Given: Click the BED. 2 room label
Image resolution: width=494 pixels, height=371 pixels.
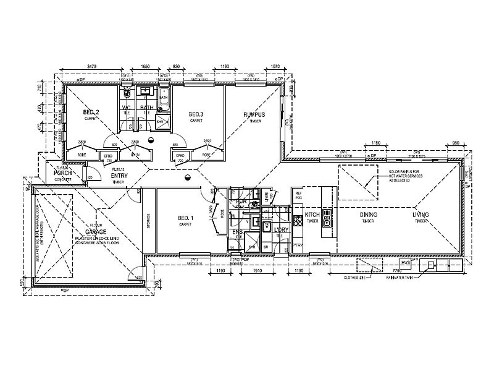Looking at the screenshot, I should [91, 113].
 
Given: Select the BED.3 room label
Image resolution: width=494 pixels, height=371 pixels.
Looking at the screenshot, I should [196, 115].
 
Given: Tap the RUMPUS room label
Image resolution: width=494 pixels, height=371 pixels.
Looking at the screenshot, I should [253, 116].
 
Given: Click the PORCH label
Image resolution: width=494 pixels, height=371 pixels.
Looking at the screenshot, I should [64, 173].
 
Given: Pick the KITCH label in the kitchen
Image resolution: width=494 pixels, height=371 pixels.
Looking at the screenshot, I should [311, 215].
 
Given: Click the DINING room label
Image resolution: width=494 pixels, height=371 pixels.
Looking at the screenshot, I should [369, 215].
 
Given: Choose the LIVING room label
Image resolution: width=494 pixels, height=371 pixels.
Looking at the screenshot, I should [421, 215].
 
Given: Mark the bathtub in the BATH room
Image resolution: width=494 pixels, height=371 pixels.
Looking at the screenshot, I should [164, 99].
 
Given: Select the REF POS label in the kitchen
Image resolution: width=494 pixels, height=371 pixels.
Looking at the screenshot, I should [299, 195].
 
